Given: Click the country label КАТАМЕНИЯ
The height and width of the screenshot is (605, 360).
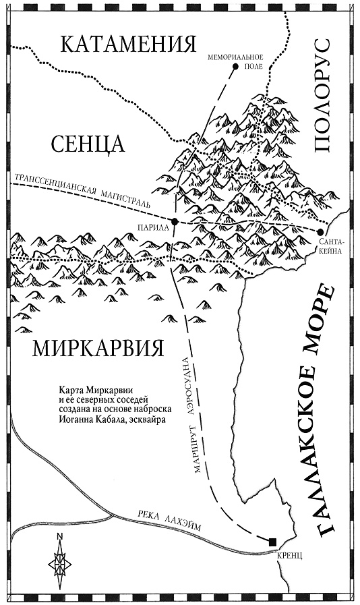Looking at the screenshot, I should coord(123,45).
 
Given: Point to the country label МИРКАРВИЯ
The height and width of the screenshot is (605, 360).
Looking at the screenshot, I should coord(98,348).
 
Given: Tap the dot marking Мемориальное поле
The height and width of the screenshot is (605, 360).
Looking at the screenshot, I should coord(235,67).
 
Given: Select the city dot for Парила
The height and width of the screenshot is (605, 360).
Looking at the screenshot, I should coord(175,221).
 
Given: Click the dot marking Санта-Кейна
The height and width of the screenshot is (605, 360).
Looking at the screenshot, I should coord(320,233).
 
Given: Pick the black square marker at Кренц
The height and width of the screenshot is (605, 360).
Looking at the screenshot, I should coord(272,542).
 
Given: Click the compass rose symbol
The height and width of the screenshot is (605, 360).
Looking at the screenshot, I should coord(59,563).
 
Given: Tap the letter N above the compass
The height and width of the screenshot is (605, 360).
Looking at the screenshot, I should coord(59,537).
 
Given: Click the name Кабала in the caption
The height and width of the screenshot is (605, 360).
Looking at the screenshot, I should coord(114,418).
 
